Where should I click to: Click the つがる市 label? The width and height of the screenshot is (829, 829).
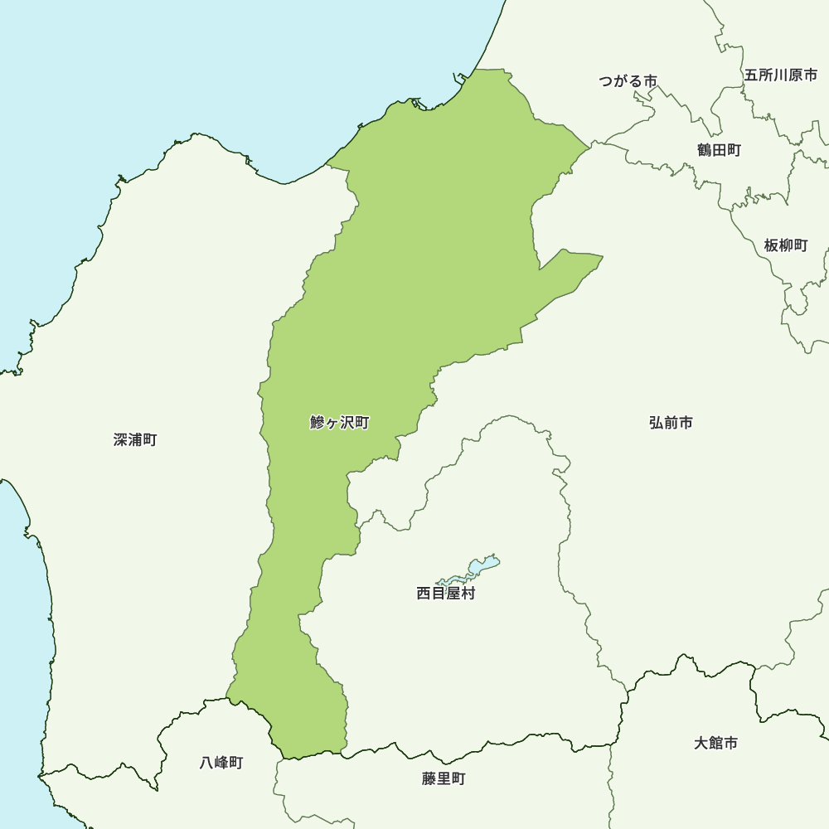click(x=628, y=81)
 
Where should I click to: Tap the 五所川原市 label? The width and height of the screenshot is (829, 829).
click(x=781, y=75)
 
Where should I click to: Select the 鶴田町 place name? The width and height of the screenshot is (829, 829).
click(x=719, y=150)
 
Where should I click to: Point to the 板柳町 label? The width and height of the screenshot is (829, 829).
click(x=785, y=245)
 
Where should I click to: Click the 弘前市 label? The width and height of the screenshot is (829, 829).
click(x=671, y=423)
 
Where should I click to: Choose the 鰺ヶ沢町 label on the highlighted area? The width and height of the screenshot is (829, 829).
click(x=339, y=423)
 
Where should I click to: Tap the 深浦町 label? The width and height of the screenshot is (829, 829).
click(x=135, y=439)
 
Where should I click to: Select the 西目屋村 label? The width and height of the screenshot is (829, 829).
click(x=446, y=594)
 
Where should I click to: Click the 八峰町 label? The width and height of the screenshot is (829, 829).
click(x=221, y=763)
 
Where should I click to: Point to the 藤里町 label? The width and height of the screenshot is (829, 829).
click(x=444, y=779)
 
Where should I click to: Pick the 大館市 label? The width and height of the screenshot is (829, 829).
click(x=715, y=743)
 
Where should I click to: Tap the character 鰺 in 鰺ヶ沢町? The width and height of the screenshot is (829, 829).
click(x=317, y=423)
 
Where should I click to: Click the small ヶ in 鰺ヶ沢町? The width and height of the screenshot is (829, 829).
click(x=332, y=424)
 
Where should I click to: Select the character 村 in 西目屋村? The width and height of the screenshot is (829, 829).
click(x=468, y=594)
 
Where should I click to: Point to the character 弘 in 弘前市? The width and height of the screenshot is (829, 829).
click(x=657, y=423)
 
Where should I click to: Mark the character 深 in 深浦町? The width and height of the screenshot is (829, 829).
click(x=121, y=439)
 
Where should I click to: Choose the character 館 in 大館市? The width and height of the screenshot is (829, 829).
click(x=715, y=743)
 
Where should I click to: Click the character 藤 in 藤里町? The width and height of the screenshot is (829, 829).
click(x=429, y=779)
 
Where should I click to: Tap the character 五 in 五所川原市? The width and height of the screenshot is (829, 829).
click(x=752, y=75)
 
